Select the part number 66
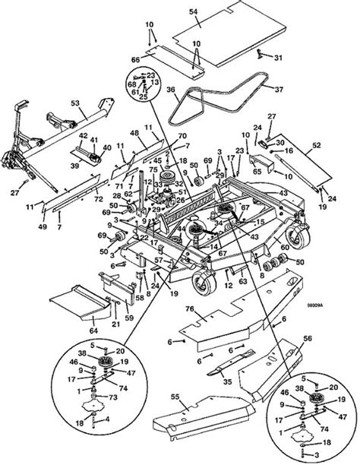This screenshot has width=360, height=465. tap(136, 59)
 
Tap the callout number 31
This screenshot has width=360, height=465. tap(278, 58)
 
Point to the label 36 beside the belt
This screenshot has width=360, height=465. tap(171, 90)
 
